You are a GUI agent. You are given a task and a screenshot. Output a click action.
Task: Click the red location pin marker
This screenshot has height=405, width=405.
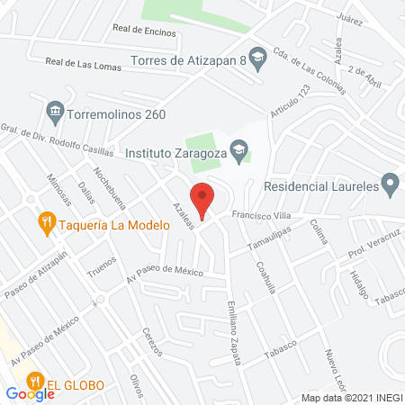(202, 200)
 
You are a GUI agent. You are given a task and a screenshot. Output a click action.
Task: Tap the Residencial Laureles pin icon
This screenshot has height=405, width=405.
(390, 187)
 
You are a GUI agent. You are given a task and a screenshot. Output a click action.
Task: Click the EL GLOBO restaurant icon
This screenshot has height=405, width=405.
(36, 382)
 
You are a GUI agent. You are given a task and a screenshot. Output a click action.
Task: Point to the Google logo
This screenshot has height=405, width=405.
(30, 393)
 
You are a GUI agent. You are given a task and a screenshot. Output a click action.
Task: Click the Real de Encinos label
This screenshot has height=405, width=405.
(143, 30)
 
